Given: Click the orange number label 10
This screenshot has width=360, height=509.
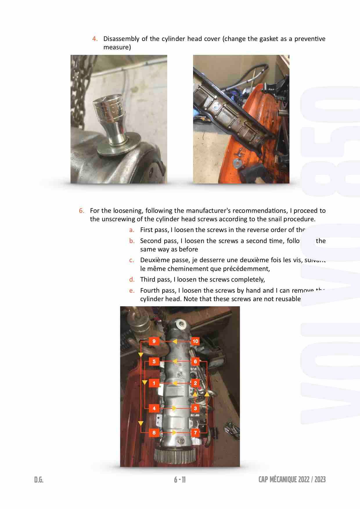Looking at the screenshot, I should (195, 341).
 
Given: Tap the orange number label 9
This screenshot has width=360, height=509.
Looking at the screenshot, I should (154, 341).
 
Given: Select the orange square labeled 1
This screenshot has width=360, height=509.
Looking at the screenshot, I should (154, 383).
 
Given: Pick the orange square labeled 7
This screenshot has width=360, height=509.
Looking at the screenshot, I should (195, 433).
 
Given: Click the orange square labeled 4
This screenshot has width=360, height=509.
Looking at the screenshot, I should (154, 408).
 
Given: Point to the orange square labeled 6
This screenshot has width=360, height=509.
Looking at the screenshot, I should (195, 361).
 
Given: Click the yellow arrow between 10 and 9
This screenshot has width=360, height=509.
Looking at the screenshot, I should (174, 341).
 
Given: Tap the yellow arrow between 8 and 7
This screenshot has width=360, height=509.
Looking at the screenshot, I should (174, 433).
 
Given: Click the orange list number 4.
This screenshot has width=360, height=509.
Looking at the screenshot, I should (95, 39).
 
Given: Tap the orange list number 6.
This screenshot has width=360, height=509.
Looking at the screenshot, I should (82, 211).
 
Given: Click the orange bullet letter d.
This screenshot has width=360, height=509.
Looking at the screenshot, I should (132, 279).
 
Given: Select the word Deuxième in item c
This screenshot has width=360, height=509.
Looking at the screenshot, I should (154, 260).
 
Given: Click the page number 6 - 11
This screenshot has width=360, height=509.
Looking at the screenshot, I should (180, 480).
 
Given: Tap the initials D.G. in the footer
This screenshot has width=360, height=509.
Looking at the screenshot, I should (39, 480).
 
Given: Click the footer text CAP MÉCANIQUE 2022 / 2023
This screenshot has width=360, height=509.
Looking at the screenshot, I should (292, 479).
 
